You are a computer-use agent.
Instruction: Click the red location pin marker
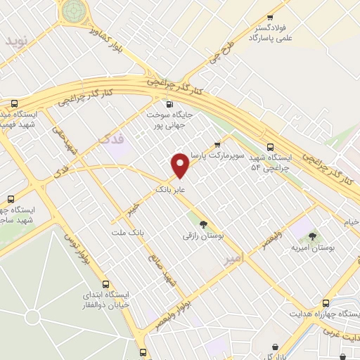click(x=181, y=165)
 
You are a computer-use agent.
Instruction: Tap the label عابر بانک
click(x=170, y=189)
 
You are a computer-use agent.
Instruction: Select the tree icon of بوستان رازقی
click(x=204, y=225)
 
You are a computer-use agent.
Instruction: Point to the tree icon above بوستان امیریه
click(x=312, y=236)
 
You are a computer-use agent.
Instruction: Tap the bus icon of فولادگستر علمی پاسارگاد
click(x=270, y=19)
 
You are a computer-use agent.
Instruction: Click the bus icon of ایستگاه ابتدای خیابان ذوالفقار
click(x=106, y=285)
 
